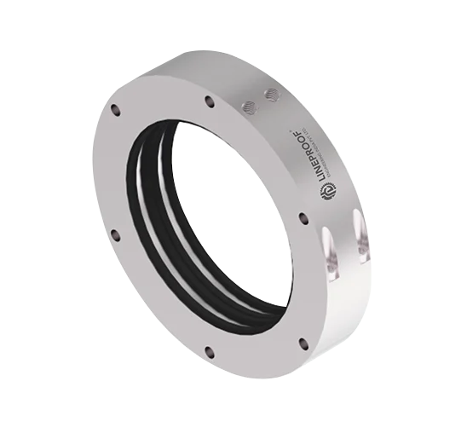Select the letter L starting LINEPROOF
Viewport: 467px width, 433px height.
coord(323,182)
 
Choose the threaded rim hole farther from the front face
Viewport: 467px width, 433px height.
coord(271,95)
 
